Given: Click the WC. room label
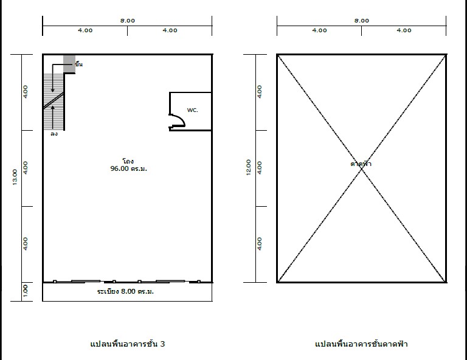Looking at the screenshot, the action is click(192, 110).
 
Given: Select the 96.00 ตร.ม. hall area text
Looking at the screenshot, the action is click(129, 168).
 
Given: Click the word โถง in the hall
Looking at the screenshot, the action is click(128, 161).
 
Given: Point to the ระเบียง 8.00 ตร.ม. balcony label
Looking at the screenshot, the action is click(125, 291).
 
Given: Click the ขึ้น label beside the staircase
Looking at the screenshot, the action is click(78, 64).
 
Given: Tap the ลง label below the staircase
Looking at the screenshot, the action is click(54, 134).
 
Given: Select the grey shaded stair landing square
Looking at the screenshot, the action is click(69, 64).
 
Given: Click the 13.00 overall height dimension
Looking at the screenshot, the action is click(15, 177).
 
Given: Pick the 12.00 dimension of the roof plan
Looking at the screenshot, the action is click(248, 167).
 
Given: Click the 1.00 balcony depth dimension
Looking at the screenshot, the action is click(26, 291).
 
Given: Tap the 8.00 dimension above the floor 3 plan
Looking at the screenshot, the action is click(128, 21).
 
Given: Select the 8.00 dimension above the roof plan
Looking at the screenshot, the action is click(362, 21).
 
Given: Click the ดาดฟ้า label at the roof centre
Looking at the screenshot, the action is click(361, 164).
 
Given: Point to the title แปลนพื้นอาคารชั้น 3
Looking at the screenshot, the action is click(128, 344).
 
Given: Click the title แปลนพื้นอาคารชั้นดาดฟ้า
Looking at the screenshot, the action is click(361, 344).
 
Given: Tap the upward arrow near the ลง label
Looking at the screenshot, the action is click(53, 117).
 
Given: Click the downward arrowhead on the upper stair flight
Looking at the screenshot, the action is click(53, 90).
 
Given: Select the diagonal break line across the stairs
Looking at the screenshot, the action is click(54, 100).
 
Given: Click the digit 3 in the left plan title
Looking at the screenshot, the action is click(162, 344).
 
